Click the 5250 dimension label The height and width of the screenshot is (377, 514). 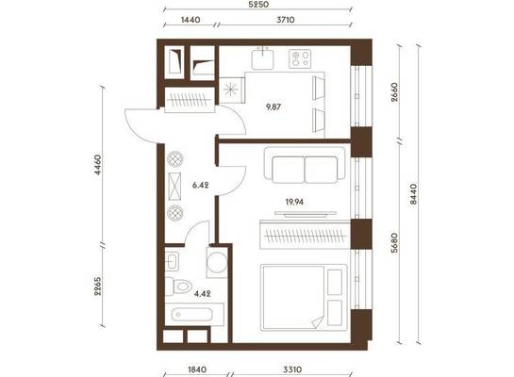click(x=258, y=5)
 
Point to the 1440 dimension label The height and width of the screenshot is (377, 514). click(x=191, y=20)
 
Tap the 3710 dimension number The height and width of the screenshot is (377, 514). click(x=285, y=20)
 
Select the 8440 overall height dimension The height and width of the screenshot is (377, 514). click(x=413, y=194)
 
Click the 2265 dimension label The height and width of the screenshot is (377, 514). click(x=98, y=287)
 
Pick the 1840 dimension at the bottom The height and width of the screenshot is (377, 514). click(x=197, y=369)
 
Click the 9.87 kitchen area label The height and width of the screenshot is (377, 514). click(x=274, y=107)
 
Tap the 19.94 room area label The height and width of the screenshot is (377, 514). click(x=294, y=202)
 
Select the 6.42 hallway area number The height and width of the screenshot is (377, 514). click(x=201, y=185)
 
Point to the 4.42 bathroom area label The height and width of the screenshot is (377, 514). click(x=203, y=294)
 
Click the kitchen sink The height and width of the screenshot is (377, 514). click(x=262, y=59)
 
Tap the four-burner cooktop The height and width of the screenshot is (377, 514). click(x=300, y=58)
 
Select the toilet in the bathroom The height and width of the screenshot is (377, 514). click(x=178, y=287)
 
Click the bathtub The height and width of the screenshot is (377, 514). click(x=192, y=315)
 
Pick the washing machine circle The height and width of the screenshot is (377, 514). click(x=217, y=262)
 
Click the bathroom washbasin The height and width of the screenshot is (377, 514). click(x=172, y=261)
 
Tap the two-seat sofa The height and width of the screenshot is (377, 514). click(x=305, y=165)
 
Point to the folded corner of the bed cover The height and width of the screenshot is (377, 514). click(x=318, y=322)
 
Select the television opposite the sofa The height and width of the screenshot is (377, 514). click(x=306, y=214)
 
